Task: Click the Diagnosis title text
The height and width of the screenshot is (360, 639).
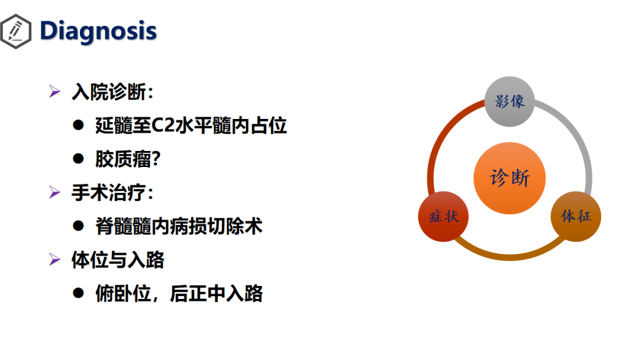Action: click(x=98, y=31)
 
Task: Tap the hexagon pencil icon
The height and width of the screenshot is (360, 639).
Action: click(x=15, y=31)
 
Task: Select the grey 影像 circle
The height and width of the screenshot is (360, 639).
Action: click(x=509, y=101)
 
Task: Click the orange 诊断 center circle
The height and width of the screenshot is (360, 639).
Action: click(x=509, y=178)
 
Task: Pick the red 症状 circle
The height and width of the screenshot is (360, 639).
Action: click(x=443, y=217)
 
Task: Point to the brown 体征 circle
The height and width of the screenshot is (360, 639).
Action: click(x=576, y=217)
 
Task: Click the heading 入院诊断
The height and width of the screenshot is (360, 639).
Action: click(x=112, y=92)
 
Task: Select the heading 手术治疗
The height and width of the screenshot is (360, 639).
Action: click(x=112, y=192)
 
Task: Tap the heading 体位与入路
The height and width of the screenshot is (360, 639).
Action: click(x=118, y=260)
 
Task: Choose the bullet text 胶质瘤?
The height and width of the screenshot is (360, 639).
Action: click(x=128, y=159)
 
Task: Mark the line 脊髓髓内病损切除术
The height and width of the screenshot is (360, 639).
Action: click(x=179, y=226)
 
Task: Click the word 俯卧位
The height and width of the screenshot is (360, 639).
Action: click(x=123, y=294)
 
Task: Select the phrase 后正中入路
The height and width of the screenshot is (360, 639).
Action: click(x=217, y=294)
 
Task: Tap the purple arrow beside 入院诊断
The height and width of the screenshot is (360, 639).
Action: click(x=54, y=91)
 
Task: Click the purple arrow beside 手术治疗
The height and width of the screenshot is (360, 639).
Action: click(x=54, y=192)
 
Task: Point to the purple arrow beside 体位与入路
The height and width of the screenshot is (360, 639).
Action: click(x=54, y=259)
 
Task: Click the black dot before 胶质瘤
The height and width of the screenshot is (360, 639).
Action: click(x=78, y=159)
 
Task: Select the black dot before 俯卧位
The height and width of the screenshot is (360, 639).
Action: click(x=78, y=293)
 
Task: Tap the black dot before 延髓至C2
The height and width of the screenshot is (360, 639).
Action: click(x=78, y=125)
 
